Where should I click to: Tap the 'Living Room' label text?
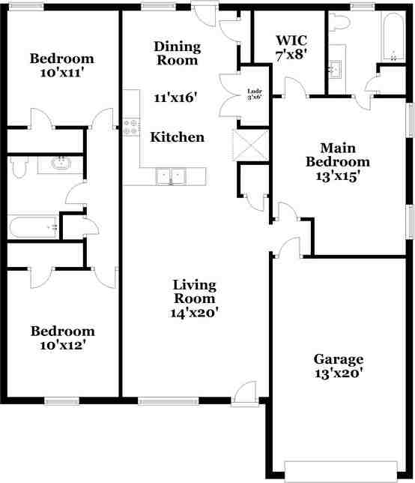tap(195, 292)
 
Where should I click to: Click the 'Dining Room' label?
tap(178, 52)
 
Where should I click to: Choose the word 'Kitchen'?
tap(178, 137)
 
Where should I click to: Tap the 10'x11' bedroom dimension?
tap(61, 73)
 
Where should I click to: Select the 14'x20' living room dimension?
tap(195, 313)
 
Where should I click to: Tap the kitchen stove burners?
tap(133, 127)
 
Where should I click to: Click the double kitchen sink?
tap(171, 177)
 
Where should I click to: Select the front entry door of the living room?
tap(243, 393)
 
